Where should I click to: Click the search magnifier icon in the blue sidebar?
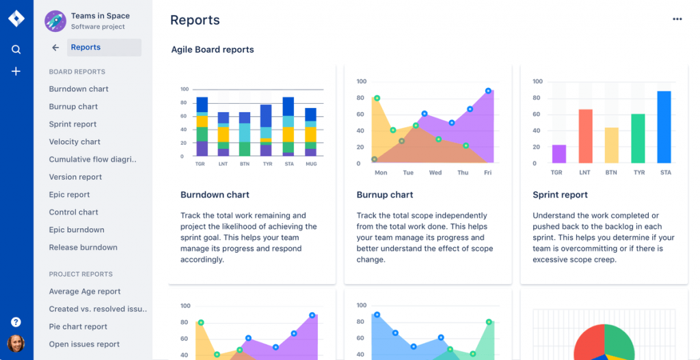16,49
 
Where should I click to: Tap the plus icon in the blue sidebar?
16,71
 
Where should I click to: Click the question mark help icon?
16,322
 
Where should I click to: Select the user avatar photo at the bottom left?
16,344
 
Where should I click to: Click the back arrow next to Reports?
55,48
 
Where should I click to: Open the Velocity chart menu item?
75,142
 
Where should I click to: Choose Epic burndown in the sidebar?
77,230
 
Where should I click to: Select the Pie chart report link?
78,327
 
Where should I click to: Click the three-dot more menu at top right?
677,19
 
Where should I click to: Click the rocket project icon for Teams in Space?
55,21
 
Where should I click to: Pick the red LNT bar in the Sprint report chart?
585,136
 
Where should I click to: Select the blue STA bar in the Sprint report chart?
664,127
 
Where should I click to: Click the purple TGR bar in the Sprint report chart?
559,154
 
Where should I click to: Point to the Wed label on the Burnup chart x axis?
435,173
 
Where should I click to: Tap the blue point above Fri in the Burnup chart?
488,91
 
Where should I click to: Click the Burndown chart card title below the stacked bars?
215,195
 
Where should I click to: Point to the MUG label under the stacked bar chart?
311,164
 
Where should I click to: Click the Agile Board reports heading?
213,50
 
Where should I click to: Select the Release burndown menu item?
83,247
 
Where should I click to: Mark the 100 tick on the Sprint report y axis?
537,82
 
